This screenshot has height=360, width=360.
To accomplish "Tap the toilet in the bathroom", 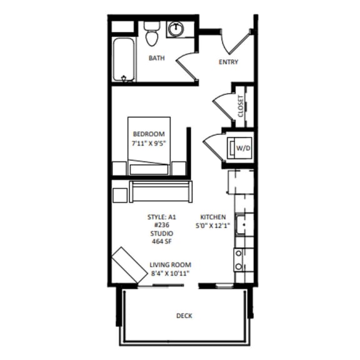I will (x=151, y=34).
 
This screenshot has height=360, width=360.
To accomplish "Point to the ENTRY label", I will (x=227, y=62).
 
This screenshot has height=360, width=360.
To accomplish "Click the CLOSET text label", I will (x=241, y=107).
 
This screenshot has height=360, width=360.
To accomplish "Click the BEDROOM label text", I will (x=148, y=134).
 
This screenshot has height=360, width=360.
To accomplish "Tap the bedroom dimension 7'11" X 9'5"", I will (x=148, y=144).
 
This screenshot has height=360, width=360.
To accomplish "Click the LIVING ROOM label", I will (x=170, y=264).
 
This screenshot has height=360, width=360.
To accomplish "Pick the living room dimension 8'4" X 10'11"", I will (x=170, y=274).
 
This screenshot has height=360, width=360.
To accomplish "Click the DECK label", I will (x=184, y=316).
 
